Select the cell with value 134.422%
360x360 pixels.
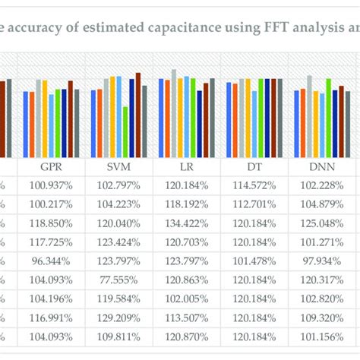tap(186, 224)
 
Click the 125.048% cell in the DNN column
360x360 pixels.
tap(321, 224)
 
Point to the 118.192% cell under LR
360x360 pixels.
tap(186, 205)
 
